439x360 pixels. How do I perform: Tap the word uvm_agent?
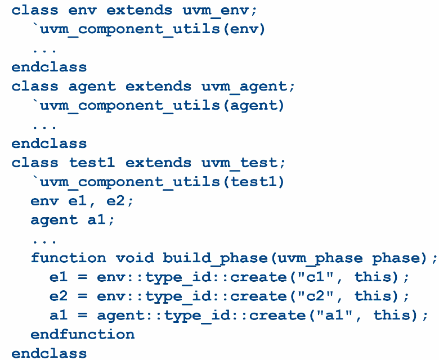240,86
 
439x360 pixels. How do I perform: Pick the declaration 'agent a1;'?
73,220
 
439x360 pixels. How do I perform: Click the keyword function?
68,258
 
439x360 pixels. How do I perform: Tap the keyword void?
135,258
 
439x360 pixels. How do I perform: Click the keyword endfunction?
83,335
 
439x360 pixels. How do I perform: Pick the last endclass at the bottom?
49,353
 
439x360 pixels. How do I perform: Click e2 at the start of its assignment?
59,296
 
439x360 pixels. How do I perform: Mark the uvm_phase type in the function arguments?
330,258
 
